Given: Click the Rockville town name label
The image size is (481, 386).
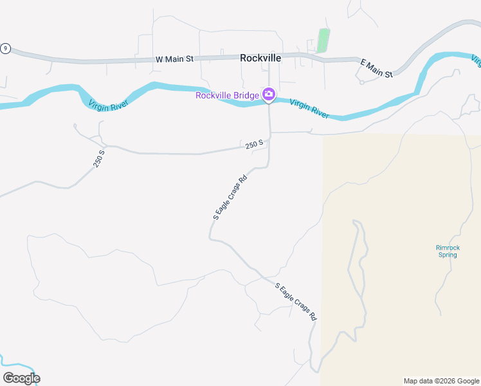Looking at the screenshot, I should [260, 58].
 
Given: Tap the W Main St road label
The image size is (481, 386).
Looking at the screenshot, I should [174, 59].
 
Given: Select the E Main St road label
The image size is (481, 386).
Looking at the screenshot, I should [377, 68].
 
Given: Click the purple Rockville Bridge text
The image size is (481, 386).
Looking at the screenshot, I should [228, 96].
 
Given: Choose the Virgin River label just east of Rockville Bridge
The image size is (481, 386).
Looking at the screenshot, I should [309, 107].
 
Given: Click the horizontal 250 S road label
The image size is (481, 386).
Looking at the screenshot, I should [255, 145].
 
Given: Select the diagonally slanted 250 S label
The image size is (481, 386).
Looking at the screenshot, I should [98, 159].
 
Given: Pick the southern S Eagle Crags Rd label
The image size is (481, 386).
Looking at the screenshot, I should [296, 302].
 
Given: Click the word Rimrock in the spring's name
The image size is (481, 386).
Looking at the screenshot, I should [448, 248].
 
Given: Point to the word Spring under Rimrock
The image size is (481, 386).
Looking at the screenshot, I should [448, 255].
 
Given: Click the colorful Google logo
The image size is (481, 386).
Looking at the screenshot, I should [21, 378].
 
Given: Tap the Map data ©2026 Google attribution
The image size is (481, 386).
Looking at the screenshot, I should [441, 381].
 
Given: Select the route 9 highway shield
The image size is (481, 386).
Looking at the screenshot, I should [6, 48].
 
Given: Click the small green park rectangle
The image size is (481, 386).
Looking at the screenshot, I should [323, 41].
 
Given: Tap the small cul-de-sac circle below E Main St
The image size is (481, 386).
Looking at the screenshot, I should [361, 82].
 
